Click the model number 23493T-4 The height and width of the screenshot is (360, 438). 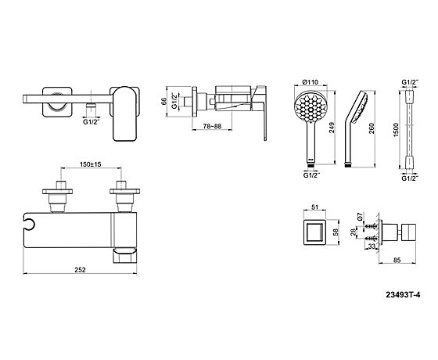tap(403, 294)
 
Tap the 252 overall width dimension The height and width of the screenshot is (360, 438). tap(80, 269)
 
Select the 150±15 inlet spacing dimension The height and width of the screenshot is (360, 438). tap(91, 164)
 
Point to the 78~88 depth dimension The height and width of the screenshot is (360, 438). tap(212, 126)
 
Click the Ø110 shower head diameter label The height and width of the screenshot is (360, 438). tap(311, 82)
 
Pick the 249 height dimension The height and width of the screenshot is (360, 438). tap(332, 128)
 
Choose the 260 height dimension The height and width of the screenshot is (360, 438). tap(372, 128)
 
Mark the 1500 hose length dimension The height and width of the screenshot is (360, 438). tap(396, 130)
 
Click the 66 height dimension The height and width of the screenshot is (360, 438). tap(163, 101)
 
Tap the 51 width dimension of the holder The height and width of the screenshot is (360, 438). tap(314, 207)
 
